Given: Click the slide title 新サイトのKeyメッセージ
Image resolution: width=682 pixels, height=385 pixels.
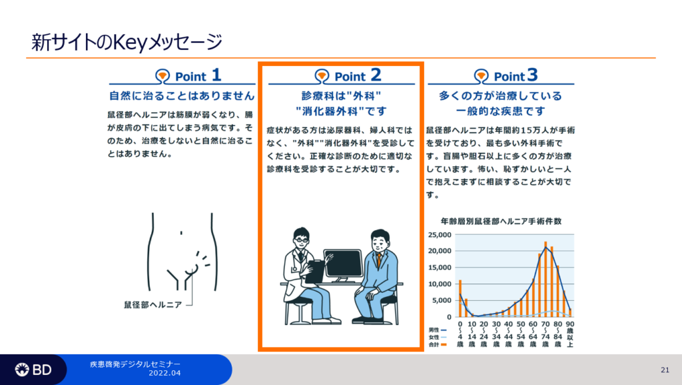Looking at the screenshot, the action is point(127,43).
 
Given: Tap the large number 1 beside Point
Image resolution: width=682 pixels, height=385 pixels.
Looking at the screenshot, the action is point(216,75).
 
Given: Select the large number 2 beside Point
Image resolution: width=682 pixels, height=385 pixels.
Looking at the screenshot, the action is point(376,75).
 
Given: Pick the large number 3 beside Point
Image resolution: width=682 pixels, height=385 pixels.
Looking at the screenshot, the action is point(532,75).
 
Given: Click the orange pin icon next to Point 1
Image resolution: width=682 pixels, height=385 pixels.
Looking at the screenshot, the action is point(163,76).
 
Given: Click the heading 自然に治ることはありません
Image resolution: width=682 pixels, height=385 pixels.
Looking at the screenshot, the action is point(182,95).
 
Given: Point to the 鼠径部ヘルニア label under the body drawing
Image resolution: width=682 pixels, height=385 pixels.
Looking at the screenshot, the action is point(153,305).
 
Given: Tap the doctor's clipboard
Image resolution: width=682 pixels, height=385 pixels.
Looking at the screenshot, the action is point(314,272).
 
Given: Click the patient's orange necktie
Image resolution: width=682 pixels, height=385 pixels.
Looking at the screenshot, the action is point(379,260).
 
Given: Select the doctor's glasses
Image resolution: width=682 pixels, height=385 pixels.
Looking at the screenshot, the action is point(301,240).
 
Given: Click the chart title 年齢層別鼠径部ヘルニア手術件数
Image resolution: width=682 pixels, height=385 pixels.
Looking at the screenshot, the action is point(501,222).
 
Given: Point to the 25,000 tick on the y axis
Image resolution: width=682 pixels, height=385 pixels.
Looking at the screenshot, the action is point(440,235).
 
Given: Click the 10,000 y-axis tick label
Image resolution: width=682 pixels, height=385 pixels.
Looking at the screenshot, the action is point(440,284).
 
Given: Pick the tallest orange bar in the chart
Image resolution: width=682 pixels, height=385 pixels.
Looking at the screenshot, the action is point(545,279).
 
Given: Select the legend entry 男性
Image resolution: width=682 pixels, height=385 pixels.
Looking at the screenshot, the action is point(437,330).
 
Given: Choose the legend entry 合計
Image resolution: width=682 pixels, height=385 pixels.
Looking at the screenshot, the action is point(437,344).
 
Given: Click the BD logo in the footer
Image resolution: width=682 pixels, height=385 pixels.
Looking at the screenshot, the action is point(33,370).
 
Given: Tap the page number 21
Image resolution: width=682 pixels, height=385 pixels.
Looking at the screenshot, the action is point(665,370).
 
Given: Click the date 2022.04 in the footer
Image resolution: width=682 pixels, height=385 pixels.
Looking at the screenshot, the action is point(165,373).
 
